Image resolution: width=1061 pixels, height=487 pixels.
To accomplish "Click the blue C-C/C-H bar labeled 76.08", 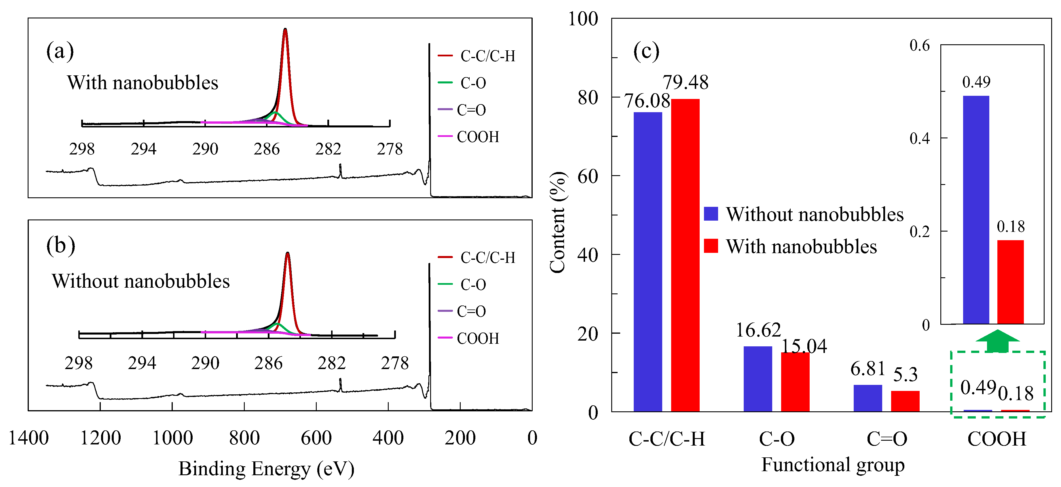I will point(648,261).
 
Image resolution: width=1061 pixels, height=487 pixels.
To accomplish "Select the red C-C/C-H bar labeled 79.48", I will point(685,255).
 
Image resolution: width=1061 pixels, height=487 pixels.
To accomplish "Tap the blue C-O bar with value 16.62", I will point(758,379).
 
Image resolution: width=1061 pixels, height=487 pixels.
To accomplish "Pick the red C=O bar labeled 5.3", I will point(905,401).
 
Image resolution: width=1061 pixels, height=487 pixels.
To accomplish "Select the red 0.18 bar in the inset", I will point(1010,282).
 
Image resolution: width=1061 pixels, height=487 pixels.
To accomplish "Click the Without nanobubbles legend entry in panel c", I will point(803,214).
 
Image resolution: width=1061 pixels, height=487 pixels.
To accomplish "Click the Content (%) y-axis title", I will point(558,222).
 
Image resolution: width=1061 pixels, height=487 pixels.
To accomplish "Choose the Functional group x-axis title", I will point(832,465).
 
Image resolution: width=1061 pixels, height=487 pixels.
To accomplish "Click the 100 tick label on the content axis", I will point(582,19).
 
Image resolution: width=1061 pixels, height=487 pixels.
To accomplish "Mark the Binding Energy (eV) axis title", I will point(266,469).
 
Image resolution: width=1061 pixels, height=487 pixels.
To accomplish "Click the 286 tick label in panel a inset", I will point(267,149).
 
